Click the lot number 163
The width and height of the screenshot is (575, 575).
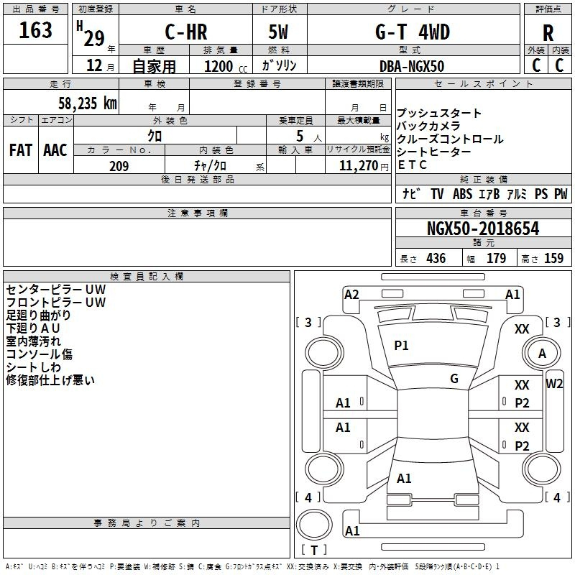(x=35, y=30)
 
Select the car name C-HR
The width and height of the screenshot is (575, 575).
(x=186, y=32)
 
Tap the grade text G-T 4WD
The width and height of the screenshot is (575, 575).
(x=413, y=32)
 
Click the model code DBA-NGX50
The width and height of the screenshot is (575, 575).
(x=412, y=66)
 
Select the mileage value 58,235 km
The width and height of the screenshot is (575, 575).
(x=88, y=103)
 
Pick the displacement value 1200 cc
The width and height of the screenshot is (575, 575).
(x=226, y=66)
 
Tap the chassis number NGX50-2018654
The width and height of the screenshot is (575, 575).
(x=483, y=229)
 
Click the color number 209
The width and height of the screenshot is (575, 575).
(x=119, y=166)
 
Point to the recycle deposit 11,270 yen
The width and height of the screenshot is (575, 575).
(x=364, y=166)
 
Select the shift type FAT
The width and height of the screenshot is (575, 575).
(x=21, y=150)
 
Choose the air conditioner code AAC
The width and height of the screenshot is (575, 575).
(x=55, y=150)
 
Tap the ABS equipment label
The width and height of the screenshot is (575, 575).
(x=462, y=194)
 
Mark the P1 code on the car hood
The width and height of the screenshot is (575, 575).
(x=401, y=346)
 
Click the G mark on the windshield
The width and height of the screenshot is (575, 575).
(x=454, y=379)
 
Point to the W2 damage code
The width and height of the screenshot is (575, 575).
(x=554, y=384)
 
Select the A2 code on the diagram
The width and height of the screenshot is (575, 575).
(x=351, y=295)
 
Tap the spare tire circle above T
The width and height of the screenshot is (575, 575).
(x=314, y=525)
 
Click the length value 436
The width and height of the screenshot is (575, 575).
(x=436, y=259)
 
